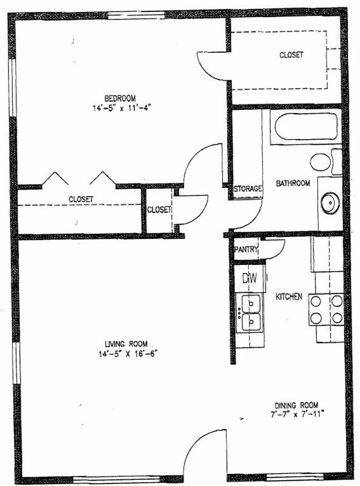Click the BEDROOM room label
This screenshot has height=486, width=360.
[x=120, y=98]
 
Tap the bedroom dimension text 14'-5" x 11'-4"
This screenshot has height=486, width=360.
[x=121, y=108]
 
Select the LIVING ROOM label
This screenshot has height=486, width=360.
[x=126, y=344]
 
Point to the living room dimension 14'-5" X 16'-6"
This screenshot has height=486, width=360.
[x=128, y=354]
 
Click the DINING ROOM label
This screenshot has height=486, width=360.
[x=296, y=405]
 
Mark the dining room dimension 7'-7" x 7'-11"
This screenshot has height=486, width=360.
[x=297, y=414]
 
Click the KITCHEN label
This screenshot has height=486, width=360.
[x=289, y=296]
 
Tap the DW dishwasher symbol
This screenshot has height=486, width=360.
[x=250, y=278]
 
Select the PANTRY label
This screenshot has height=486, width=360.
[x=246, y=249]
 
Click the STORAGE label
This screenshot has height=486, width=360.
[x=248, y=188]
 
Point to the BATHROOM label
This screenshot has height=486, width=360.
[x=293, y=183]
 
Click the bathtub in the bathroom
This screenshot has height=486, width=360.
[x=306, y=126]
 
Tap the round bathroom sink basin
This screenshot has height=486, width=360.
[x=330, y=203]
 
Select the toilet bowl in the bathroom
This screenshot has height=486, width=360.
[x=321, y=162]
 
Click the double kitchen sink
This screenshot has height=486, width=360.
[x=251, y=313]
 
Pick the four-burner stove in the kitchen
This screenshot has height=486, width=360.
[x=326, y=309]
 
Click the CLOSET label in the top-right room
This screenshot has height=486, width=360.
[x=291, y=55]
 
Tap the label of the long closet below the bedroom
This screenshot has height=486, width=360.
[x=81, y=199]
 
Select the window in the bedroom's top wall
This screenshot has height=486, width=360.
[x=137, y=15]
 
